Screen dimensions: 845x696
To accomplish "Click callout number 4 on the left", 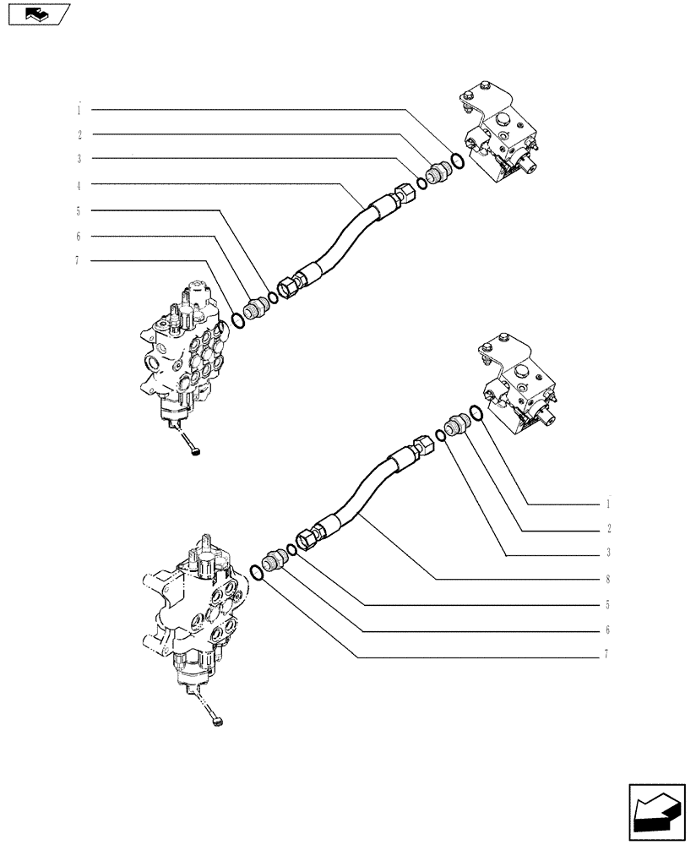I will pyautogui.click(x=78, y=185).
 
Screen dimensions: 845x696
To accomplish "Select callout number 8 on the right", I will pyautogui.click(x=607, y=580).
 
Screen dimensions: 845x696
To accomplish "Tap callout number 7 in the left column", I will pyautogui.click(x=78, y=261).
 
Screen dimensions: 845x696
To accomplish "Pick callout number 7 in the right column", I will pyautogui.click(x=607, y=655).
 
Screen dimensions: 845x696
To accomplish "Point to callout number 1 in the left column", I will pyautogui.click(x=78, y=109).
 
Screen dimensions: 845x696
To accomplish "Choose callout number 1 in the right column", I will pyautogui.click(x=607, y=504).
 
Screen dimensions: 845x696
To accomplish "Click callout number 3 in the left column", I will pyautogui.click(x=78, y=159).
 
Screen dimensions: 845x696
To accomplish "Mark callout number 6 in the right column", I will pyautogui.click(x=607, y=630).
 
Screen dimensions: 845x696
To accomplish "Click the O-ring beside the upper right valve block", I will pyautogui.click(x=457, y=161).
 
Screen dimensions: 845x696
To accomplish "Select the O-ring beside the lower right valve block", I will pyautogui.click(x=476, y=412).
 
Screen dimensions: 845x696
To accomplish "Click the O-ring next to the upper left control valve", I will pyautogui.click(x=240, y=319).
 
